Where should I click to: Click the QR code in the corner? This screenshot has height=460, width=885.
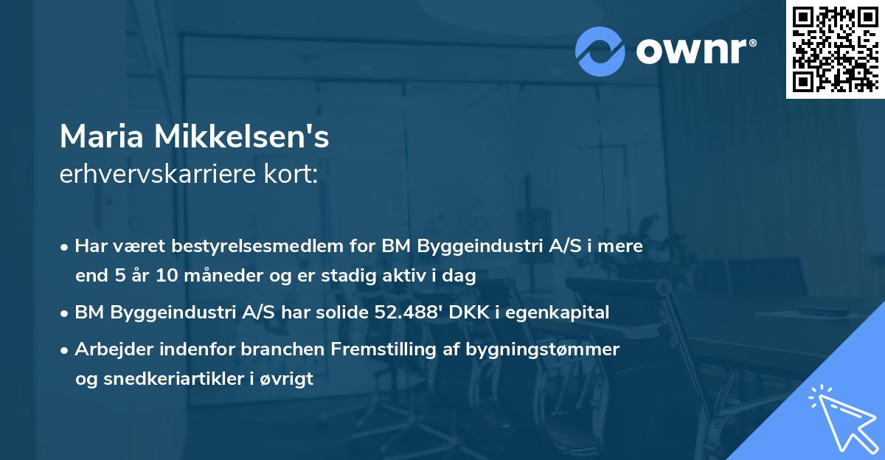click(x=835, y=49)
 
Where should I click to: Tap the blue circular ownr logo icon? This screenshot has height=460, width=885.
click(x=600, y=52)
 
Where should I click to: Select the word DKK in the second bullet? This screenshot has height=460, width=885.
click(x=481, y=312)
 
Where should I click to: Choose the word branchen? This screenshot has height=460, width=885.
click(x=275, y=349)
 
